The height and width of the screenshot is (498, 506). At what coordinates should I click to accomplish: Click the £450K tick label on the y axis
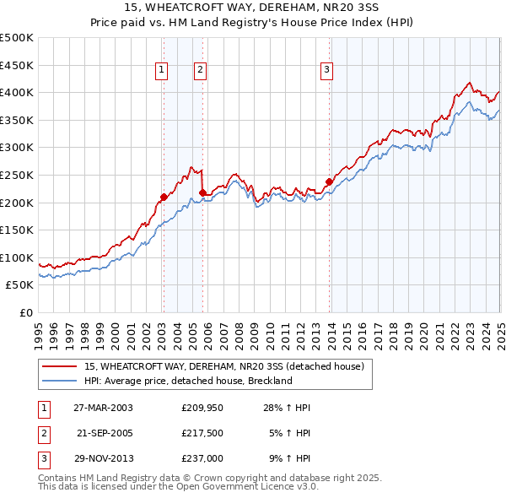pyautogui.click(x=17, y=65)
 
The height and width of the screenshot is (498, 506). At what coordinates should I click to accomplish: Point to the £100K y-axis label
pyautogui.click(x=17, y=257)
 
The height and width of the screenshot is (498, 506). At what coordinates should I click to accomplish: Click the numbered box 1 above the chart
pyautogui.click(x=160, y=71)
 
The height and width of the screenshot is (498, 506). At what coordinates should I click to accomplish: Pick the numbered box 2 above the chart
pyautogui.click(x=200, y=71)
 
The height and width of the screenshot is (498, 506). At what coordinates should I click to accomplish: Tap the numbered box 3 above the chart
pyautogui.click(x=326, y=71)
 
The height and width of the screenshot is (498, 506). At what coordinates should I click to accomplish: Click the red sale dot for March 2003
pyautogui.click(x=164, y=197)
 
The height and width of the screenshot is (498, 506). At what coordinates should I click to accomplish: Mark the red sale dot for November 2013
pyautogui.click(x=329, y=181)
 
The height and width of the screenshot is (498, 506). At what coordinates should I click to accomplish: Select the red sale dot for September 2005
pyautogui.click(x=203, y=192)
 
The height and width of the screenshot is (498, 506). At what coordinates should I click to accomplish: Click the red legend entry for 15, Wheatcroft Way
pyautogui.click(x=223, y=366)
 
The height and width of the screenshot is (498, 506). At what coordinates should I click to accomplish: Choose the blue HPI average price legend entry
pyautogui.click(x=187, y=381)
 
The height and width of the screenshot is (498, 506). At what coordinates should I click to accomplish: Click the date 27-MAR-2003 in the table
pyautogui.click(x=104, y=408)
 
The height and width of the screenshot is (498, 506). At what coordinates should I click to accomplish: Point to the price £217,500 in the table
pyautogui.click(x=202, y=433)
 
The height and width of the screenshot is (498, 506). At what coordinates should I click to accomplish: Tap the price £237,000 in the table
pyautogui.click(x=202, y=458)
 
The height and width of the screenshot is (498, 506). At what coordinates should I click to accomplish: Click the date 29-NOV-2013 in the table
pyautogui.click(x=104, y=458)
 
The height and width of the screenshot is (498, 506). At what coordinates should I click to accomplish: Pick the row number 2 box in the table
pyautogui.click(x=43, y=433)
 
